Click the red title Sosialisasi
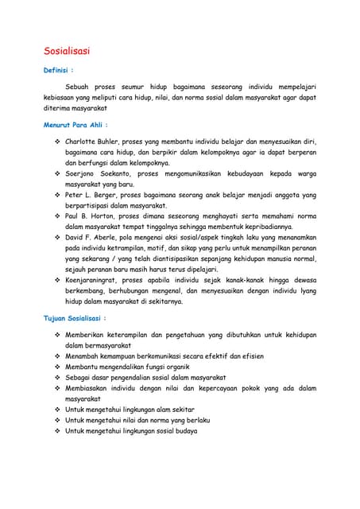point(66,51)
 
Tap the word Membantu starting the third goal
point(84,367)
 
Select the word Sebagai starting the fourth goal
point(81,378)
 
